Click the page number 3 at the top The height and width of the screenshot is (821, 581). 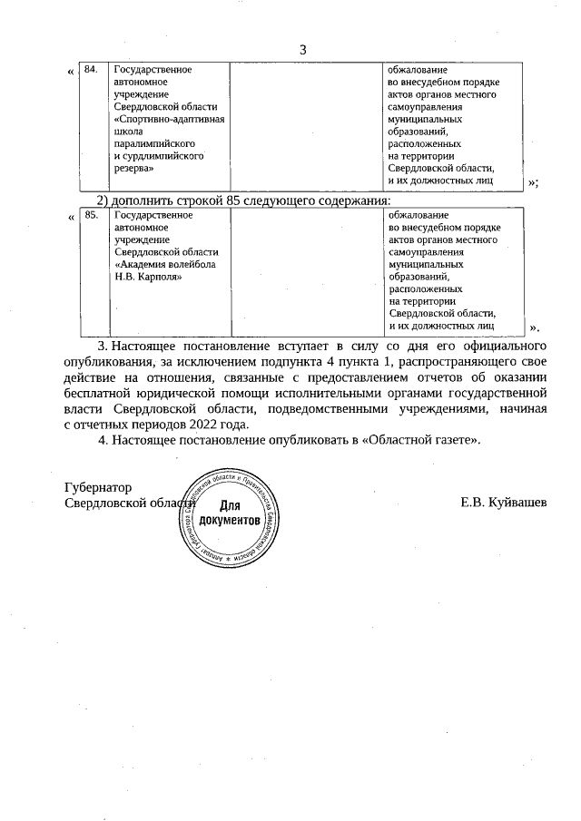click(x=303, y=49)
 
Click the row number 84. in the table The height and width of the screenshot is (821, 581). click(x=90, y=69)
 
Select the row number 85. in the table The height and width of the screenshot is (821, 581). click(x=90, y=216)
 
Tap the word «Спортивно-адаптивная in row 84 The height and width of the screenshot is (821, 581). click(x=168, y=119)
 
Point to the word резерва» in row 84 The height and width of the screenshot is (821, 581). click(x=133, y=168)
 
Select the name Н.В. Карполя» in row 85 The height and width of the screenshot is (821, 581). click(x=144, y=276)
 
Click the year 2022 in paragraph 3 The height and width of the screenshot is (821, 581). click(x=205, y=423)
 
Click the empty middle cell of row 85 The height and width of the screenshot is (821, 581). click(x=307, y=272)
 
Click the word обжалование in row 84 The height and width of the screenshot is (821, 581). click(x=419, y=70)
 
